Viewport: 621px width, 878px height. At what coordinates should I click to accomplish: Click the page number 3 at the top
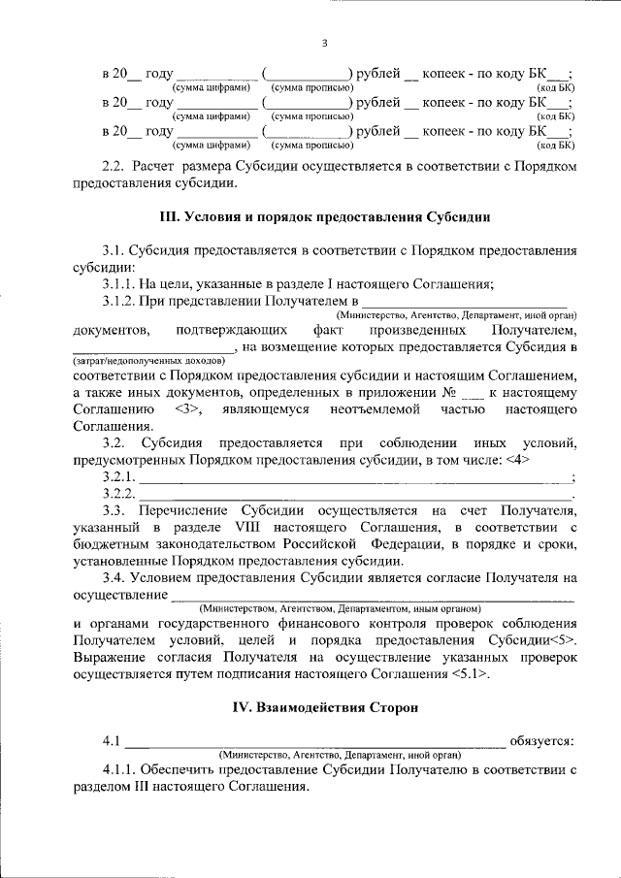point(325,42)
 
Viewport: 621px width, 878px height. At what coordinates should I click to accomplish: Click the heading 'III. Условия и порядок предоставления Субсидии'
point(325,216)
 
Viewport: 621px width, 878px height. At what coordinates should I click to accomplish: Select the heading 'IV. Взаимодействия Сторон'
point(325,708)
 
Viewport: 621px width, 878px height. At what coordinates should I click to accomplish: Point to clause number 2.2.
point(115,167)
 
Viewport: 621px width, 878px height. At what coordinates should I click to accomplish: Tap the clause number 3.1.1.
point(121,283)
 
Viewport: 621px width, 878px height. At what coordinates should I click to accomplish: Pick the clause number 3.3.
point(115,509)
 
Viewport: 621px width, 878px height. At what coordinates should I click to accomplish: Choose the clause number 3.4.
point(115,578)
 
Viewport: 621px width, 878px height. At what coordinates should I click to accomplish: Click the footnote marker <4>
point(516,459)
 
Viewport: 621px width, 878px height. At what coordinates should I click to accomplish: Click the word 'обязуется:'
point(546,742)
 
